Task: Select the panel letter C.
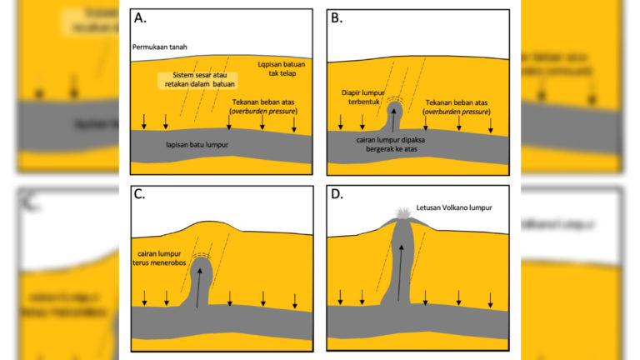tap(140, 194)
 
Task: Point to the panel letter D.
tap(337, 194)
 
